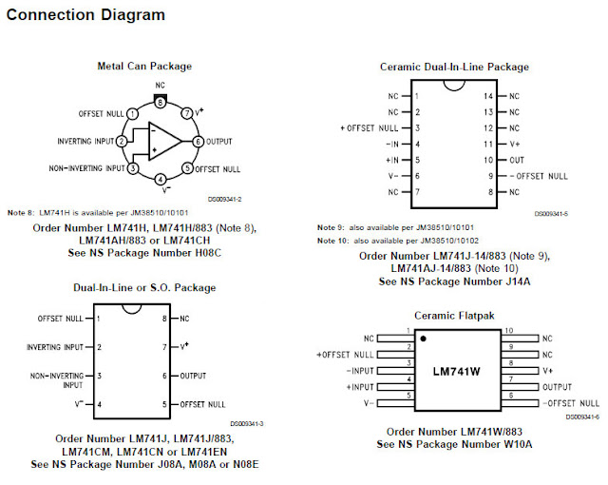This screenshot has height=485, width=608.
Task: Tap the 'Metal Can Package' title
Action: point(144,67)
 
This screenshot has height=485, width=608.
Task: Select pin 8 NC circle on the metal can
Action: point(161,101)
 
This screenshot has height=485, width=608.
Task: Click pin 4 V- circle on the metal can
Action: point(161,180)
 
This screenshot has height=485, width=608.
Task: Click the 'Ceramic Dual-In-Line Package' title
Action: point(454,67)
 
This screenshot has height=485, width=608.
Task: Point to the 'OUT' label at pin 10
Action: point(517,160)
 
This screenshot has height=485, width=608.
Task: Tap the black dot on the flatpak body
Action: point(424,339)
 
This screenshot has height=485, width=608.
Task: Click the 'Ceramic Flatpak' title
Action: point(453,315)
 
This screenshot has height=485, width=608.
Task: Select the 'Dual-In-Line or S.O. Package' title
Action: point(144,287)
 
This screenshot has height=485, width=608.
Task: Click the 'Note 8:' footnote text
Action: point(21,211)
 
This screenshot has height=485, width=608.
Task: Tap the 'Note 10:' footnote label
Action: point(332,242)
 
